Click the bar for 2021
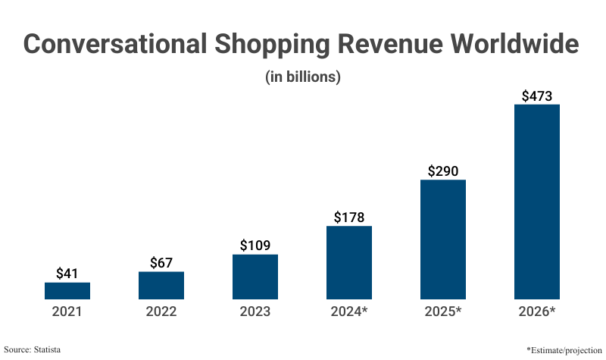point(67,291)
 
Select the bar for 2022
point(161,286)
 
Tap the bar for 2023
point(255,277)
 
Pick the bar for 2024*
point(349,262)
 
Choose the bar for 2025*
point(443,239)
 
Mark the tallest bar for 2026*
point(537,202)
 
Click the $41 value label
point(67,274)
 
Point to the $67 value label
point(161,262)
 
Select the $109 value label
point(255,246)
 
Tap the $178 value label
point(349,218)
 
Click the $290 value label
point(443,171)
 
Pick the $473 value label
point(537,96)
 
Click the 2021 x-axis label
point(67,311)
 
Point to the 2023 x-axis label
point(255,311)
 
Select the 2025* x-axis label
point(443,311)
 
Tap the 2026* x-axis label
point(537,311)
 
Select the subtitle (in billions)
point(303,77)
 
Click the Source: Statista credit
point(33,349)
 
